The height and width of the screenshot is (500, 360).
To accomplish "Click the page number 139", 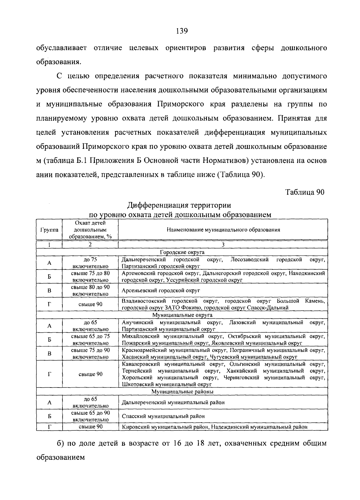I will pyautogui.click(x=181, y=31).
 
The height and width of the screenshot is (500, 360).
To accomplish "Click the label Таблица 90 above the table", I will pyautogui.click(x=305, y=192).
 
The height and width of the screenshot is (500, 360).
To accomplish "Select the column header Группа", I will pyautogui.click(x=49, y=230).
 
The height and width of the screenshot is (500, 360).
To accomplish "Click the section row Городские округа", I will pyautogui.click(x=182, y=252).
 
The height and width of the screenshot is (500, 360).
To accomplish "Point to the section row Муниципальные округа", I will pyautogui.click(x=182, y=315).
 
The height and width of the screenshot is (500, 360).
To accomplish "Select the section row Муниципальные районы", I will pyautogui.click(x=182, y=392).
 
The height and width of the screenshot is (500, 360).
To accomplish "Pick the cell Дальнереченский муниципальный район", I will pyautogui.click(x=173, y=403).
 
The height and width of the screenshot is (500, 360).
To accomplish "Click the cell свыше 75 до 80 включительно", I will pyautogui.click(x=90, y=277).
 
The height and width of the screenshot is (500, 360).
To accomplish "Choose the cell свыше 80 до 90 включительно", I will pyautogui.click(x=90, y=291).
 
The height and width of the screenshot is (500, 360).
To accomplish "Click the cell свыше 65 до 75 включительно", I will pyautogui.click(x=90, y=340).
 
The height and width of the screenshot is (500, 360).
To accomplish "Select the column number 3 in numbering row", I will pyautogui.click(x=223, y=245).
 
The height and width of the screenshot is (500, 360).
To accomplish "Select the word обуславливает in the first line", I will pyautogui.click(x=61, y=48).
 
